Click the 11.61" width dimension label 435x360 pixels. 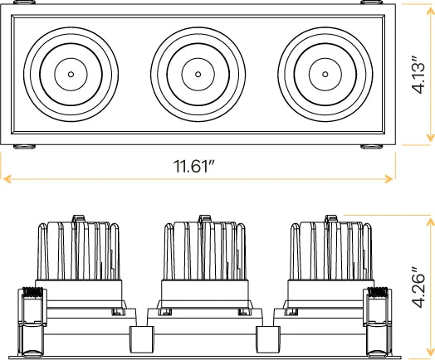[x=194, y=166]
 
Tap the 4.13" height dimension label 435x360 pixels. [x=418, y=75]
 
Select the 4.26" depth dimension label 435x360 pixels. [x=418, y=287]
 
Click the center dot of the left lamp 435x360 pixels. [x=71, y=75]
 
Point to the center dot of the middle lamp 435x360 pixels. [x=198, y=75]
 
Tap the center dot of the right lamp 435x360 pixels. [x=325, y=75]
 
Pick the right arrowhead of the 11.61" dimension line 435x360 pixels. [x=389, y=179]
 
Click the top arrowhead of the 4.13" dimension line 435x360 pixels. [x=430, y=10]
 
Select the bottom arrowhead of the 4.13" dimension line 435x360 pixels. [x=430, y=138]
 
